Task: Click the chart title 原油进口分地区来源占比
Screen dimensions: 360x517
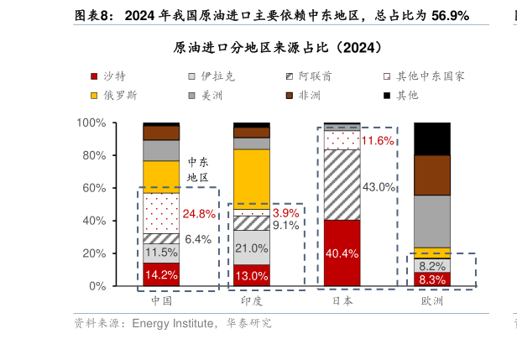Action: (x=277, y=46)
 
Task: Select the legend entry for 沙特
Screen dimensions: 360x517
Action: (x=115, y=76)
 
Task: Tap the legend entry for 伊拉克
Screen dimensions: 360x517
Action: (x=217, y=76)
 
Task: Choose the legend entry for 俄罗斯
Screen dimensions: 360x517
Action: (x=120, y=95)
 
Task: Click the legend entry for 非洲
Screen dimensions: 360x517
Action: (x=309, y=95)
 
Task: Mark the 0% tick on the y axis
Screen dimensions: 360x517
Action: (x=97, y=286)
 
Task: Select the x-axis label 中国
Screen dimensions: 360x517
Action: (x=161, y=300)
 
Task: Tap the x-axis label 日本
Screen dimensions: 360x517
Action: (x=342, y=300)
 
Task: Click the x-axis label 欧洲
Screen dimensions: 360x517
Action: (x=432, y=300)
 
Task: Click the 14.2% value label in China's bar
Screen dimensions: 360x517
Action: (x=160, y=274)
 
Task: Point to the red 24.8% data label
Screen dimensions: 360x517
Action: (x=199, y=213)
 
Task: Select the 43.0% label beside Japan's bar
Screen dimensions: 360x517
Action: (x=379, y=186)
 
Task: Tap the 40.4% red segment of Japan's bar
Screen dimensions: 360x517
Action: (x=342, y=253)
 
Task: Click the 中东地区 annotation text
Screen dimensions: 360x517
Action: (x=197, y=170)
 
